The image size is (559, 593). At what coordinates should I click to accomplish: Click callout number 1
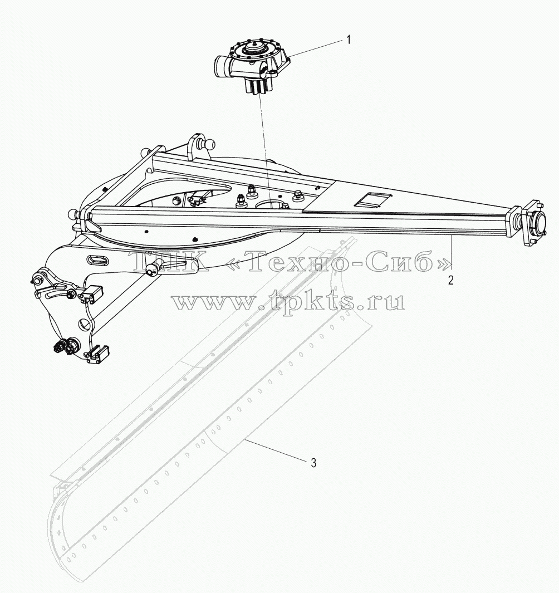click(349, 40)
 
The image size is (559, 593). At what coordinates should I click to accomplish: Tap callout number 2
click(450, 281)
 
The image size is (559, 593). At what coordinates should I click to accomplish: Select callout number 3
click(313, 463)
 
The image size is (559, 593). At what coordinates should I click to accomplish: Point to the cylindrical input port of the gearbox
click(222, 65)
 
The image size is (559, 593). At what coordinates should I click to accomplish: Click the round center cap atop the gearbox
click(254, 49)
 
